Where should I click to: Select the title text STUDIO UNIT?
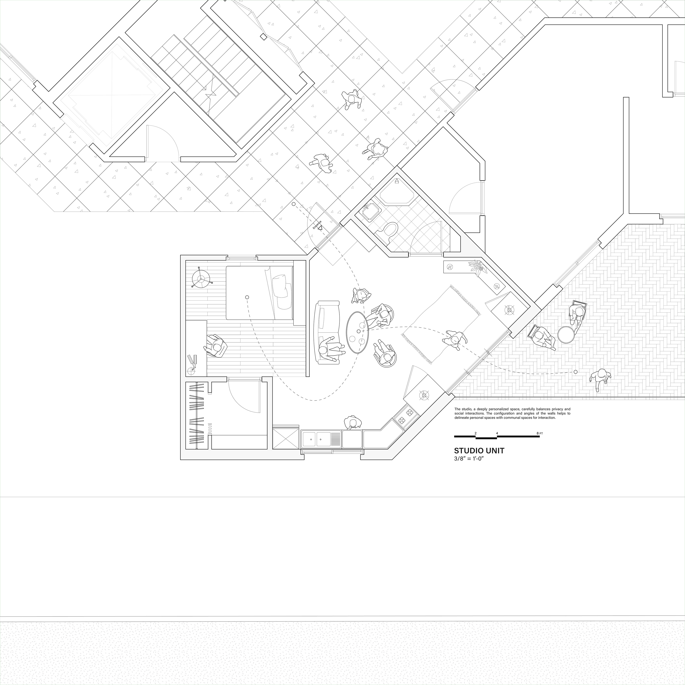tap(479, 451)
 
